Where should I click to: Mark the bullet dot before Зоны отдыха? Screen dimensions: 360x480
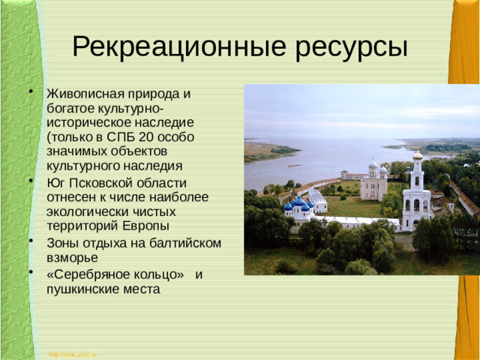pos(31,241)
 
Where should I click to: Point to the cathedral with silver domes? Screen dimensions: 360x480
pos(373,181)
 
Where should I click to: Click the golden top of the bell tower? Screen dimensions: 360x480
pos(417,154)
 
